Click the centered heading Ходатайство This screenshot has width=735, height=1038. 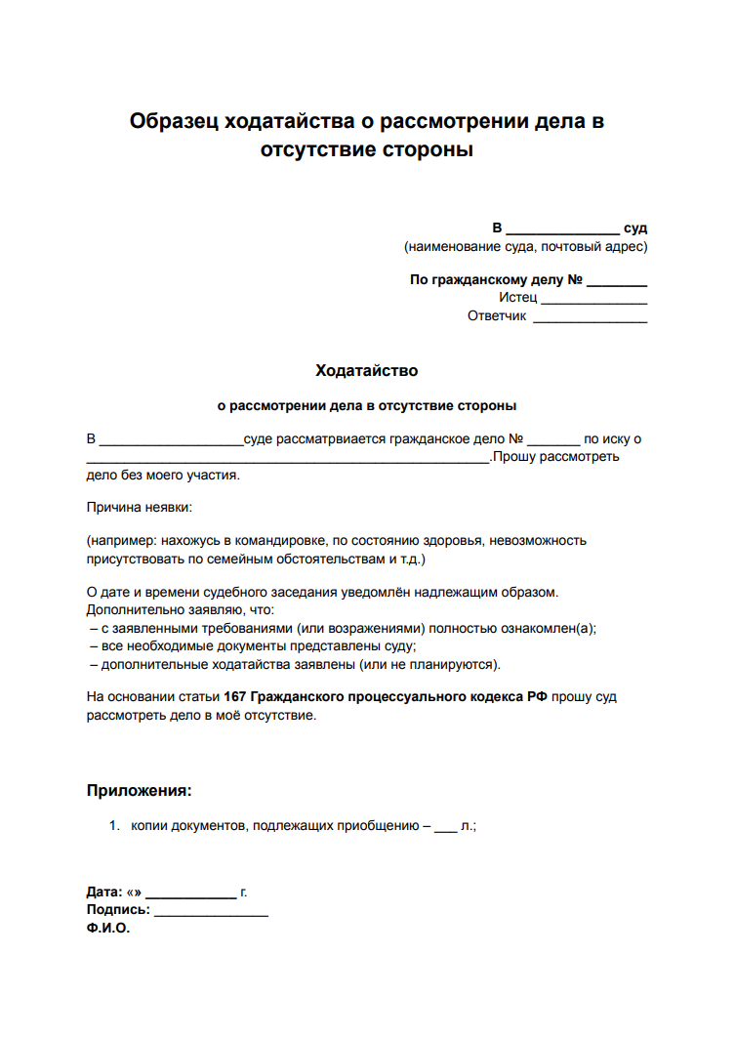(x=366, y=371)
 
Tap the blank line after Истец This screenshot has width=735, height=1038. (x=593, y=299)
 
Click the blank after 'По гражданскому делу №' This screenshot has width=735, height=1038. (x=617, y=281)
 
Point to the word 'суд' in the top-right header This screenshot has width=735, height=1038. (x=635, y=228)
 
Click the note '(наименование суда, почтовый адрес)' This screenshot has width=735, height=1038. (x=525, y=246)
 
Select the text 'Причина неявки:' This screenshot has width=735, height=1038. (x=140, y=507)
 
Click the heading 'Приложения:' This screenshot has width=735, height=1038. (x=139, y=791)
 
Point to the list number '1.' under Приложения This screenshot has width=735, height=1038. (x=113, y=826)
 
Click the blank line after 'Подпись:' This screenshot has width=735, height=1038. (x=211, y=912)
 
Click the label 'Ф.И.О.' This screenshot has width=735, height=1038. (x=108, y=929)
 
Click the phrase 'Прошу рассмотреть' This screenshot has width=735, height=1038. (x=555, y=457)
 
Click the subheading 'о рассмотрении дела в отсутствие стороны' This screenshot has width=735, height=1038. (x=366, y=405)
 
